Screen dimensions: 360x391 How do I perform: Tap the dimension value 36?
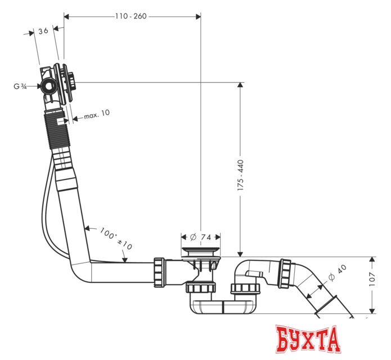[x=42, y=32]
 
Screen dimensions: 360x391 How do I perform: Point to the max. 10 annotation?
[x=97, y=114]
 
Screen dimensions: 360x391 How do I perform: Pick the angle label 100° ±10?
[x=116, y=239]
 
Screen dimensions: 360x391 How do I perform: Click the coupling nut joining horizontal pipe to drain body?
[x=159, y=272]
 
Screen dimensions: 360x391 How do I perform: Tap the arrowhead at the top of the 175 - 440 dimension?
[x=240, y=85]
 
